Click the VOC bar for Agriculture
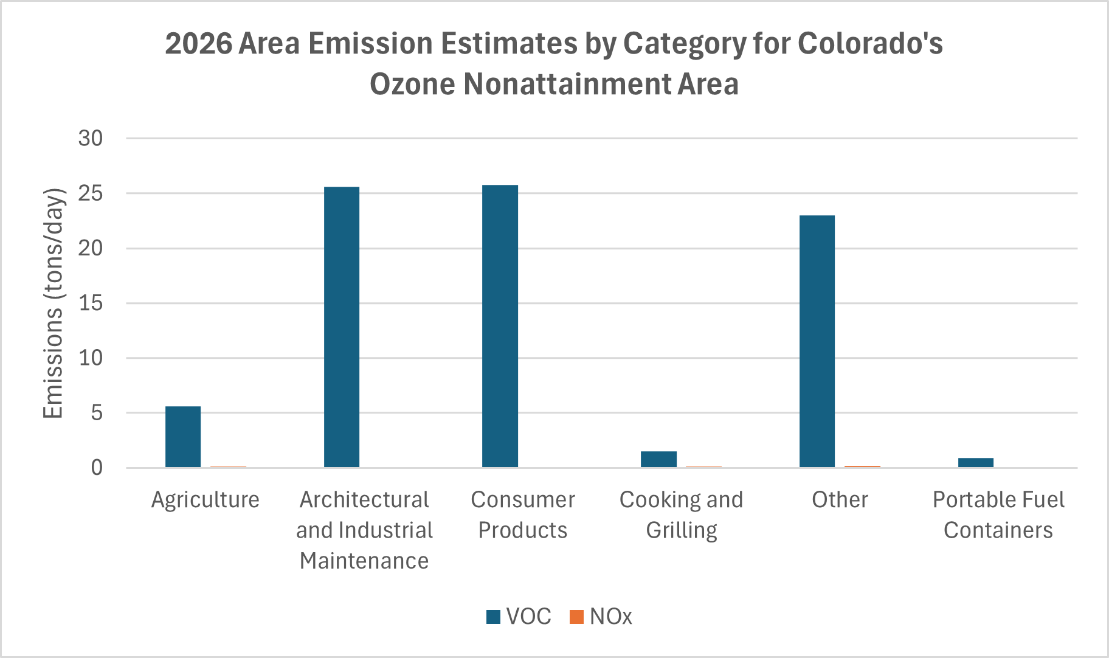coord(183,437)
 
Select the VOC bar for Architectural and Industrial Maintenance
coord(342,327)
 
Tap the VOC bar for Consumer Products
coord(500,326)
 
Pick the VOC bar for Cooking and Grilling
coord(658,459)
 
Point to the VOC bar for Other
coord(817,341)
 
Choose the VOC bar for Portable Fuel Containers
coord(976,463)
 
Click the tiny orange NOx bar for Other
coord(862,466)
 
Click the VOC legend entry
coord(519,617)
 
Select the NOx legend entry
coord(601,617)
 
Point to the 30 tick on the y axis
coord(91,139)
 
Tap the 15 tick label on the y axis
coord(91,303)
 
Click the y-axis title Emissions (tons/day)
coord(54,303)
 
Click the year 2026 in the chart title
coord(198,44)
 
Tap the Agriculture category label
coord(206,500)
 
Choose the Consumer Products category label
coord(523,514)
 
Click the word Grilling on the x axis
coord(682,530)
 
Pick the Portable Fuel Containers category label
coord(998,514)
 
